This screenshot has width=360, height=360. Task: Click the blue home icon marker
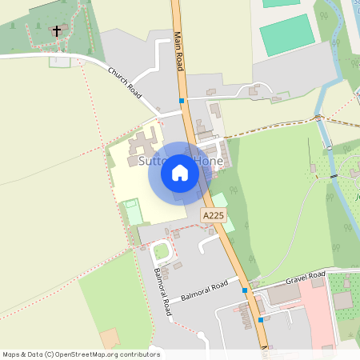click(180, 172)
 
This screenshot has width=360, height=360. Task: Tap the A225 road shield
click(212, 216)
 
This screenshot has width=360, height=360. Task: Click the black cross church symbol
click(56, 31)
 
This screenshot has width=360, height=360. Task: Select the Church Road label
click(125, 83)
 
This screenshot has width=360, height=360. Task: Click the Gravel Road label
click(306, 278)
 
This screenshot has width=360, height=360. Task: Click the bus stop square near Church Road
click(182, 101)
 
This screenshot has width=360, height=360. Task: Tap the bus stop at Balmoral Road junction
click(246, 291)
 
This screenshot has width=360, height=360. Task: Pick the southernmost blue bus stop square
click(261, 320)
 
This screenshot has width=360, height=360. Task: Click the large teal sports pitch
click(286, 34)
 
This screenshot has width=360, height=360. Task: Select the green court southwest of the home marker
click(133, 212)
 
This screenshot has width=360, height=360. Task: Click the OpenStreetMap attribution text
click(82, 354)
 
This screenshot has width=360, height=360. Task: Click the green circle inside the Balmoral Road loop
click(162, 251)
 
